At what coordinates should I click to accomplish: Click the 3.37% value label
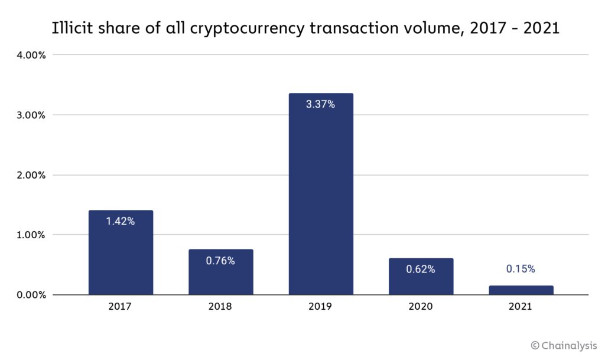click(321, 105)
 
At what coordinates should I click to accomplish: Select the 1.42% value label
click(121, 222)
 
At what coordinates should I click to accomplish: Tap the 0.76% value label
click(220, 261)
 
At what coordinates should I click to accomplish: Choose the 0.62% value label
click(421, 269)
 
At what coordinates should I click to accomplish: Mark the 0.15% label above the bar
click(521, 269)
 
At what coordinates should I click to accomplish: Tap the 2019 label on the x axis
click(321, 307)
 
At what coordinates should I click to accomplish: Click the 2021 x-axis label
click(521, 307)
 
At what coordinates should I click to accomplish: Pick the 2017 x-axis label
click(121, 307)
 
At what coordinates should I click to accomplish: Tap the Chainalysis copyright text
click(564, 345)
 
